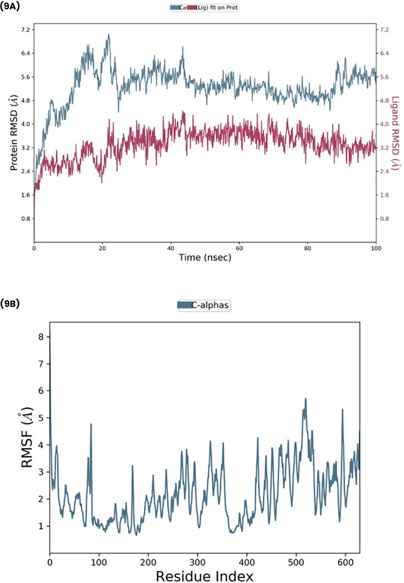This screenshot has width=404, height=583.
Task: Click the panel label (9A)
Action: (x=10, y=6)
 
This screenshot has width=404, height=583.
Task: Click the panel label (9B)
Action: (x=10, y=304)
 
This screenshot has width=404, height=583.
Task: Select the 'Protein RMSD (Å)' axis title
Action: (x=14, y=133)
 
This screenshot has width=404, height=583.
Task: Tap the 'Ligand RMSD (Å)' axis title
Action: (x=395, y=133)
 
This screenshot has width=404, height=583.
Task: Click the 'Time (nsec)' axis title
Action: (x=205, y=257)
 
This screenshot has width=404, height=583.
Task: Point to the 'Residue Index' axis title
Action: (x=205, y=576)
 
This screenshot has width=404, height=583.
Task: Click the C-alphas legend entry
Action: (x=210, y=305)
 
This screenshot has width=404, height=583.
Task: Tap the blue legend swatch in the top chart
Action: (x=175, y=8)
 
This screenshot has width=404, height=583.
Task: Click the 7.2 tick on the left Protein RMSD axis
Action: (x=26, y=30)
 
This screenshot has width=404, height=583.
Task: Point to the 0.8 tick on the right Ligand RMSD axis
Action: (x=384, y=219)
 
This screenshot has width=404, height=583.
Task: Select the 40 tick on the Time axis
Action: (x=171, y=248)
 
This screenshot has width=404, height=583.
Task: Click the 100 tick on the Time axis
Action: (x=376, y=248)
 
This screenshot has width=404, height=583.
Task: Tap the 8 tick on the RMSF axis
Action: (x=41, y=337)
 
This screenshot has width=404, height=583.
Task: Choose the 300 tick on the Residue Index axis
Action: (x=198, y=562)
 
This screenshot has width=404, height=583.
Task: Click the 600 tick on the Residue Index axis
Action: (x=345, y=562)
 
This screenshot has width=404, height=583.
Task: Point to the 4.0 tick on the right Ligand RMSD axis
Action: (x=384, y=124)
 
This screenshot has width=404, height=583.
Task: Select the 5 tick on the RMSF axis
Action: (x=41, y=418)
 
